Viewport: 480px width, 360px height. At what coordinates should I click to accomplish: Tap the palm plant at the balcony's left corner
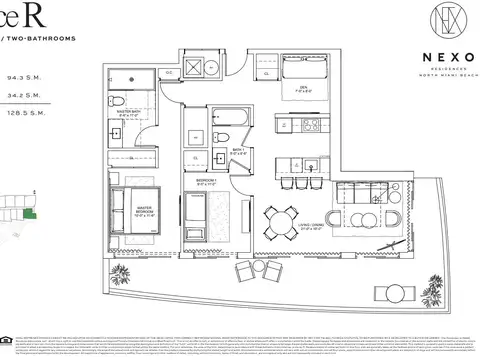123,276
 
